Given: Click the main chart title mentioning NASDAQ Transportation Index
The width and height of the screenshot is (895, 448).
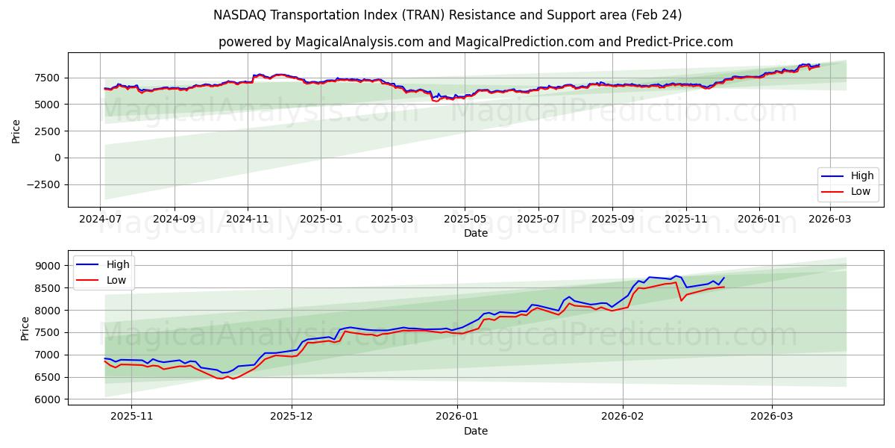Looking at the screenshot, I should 447,15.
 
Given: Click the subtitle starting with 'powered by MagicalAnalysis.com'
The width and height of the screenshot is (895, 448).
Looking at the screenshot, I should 475,42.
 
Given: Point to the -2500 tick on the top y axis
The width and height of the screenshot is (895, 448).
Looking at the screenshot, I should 45,184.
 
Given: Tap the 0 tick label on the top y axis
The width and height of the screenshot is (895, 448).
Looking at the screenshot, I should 57,158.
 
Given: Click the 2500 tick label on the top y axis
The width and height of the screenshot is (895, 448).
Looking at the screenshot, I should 48,131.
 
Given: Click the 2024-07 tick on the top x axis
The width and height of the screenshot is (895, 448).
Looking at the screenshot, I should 101,220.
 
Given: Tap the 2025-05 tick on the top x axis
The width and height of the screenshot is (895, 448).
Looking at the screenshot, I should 465,220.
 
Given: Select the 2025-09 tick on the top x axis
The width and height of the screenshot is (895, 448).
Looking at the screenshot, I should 612,220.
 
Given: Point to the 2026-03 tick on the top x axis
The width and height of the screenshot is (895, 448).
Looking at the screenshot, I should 829,220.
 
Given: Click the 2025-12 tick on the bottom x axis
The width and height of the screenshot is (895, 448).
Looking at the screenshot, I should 292,417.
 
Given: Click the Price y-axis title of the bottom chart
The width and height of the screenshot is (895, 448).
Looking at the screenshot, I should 25,328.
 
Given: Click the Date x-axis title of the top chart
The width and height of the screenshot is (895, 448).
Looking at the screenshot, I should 475,233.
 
